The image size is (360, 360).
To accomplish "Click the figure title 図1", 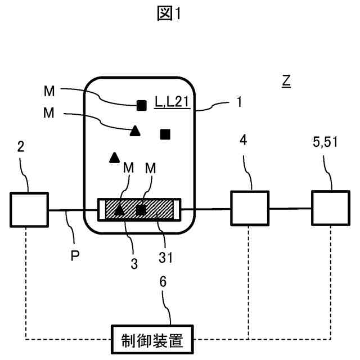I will tap(169, 14).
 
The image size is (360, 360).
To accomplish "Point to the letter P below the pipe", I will tap(75, 256).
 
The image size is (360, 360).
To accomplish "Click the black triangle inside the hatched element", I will tap(120, 210).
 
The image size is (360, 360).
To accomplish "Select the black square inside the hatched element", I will tap(142, 210).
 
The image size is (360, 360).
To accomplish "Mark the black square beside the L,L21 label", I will tap(142, 104).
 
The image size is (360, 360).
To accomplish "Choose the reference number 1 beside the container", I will tap(239, 102).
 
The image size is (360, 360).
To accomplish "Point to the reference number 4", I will tap(242, 140).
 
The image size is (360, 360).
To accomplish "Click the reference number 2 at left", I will tap(20, 147).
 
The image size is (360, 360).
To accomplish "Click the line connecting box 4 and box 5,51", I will tap(290, 209).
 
